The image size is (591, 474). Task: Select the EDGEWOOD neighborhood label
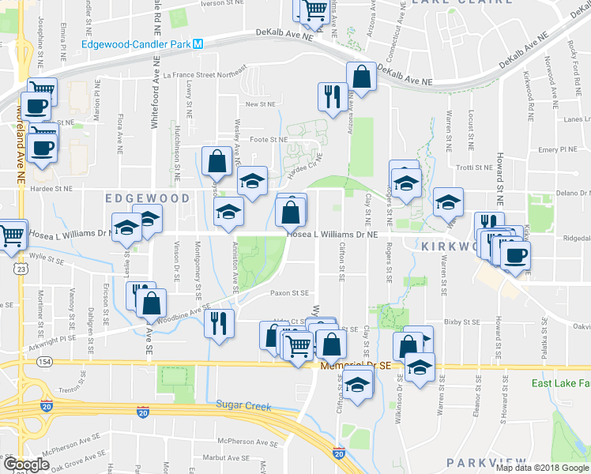148,198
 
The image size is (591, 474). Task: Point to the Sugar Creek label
243,406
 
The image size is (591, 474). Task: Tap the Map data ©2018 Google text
542,468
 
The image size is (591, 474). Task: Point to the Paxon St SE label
289,292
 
